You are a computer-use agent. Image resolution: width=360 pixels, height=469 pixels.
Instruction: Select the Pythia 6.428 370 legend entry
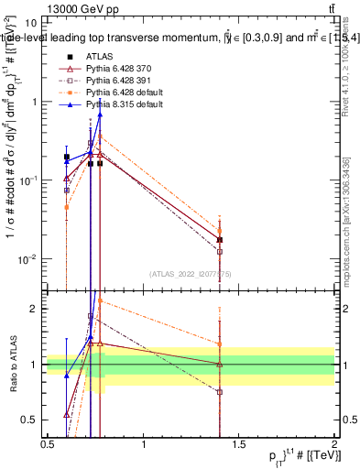(x=114, y=68)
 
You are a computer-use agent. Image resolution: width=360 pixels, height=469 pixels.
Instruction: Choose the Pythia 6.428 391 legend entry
(x=114, y=80)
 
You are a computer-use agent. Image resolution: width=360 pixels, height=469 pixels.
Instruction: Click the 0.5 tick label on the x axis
(x=48, y=444)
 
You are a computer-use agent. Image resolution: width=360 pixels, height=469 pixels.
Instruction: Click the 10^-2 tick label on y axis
(x=28, y=259)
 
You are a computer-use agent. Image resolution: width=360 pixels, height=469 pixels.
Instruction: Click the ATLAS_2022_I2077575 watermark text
(x=191, y=272)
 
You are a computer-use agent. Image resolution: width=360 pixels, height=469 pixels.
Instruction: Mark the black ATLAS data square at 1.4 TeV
(x=220, y=240)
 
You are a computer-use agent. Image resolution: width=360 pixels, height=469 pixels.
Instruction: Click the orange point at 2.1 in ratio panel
(x=100, y=300)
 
